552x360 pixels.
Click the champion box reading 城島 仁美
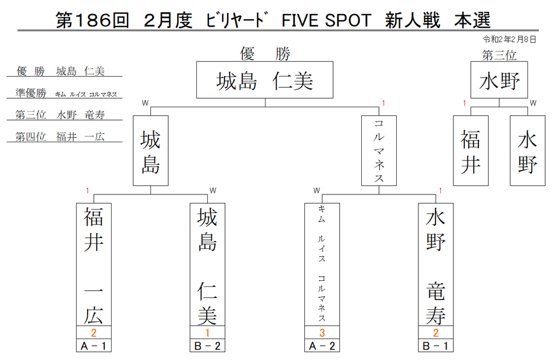click(x=265, y=80)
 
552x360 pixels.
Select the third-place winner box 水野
click(x=499, y=80)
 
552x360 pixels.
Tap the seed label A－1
click(x=94, y=346)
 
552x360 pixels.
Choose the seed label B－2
click(x=207, y=346)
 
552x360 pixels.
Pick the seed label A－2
click(x=322, y=346)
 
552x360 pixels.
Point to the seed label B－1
click(x=436, y=346)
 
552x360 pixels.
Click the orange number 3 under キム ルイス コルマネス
click(x=322, y=332)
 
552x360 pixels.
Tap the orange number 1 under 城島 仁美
click(x=207, y=332)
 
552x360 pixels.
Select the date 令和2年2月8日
click(x=510, y=39)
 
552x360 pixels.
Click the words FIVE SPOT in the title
click(x=326, y=20)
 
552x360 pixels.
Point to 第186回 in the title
click(x=93, y=20)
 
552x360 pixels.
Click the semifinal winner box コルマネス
click(x=379, y=151)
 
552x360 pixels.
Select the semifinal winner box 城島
click(x=151, y=151)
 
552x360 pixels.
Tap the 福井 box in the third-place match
click(x=470, y=151)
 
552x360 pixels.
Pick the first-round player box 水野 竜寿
click(x=436, y=264)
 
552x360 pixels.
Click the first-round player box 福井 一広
click(x=94, y=264)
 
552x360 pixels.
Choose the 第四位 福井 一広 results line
click(x=60, y=137)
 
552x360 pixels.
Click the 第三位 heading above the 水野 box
click(x=499, y=55)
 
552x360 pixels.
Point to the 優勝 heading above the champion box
click(x=265, y=54)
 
